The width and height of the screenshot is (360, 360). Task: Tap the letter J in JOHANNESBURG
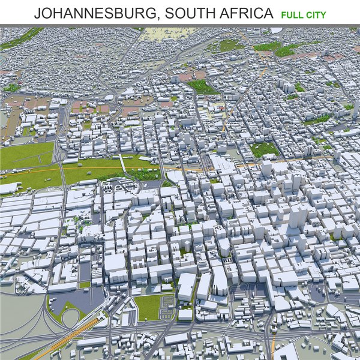[37, 13]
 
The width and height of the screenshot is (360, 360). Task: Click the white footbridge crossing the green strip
[122, 163]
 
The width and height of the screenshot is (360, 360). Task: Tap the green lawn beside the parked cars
[147, 307]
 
